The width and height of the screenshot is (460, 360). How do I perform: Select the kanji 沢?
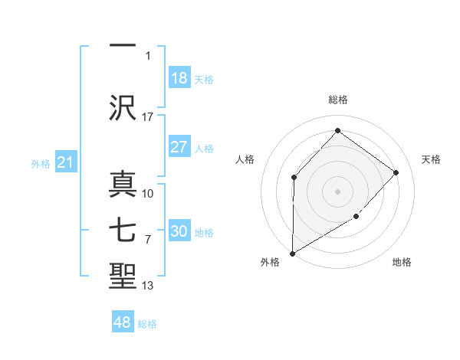[x=123, y=106]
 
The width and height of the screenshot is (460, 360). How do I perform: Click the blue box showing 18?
[x=179, y=78]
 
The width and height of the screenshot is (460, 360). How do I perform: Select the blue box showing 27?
[x=179, y=147]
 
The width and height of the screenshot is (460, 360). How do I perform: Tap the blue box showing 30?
[x=179, y=231]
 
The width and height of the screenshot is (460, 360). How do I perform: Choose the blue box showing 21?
[x=65, y=162]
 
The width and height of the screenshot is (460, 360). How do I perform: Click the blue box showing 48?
[x=123, y=322]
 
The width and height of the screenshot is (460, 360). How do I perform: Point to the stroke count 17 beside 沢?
[x=148, y=116]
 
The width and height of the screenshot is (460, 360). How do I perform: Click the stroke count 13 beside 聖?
[x=148, y=286]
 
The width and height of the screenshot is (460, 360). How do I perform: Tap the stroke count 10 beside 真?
[x=148, y=193]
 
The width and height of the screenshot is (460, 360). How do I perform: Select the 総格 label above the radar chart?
[x=337, y=100]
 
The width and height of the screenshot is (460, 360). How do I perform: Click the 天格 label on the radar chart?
[x=431, y=159]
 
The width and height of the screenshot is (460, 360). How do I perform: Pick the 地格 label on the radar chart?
[x=402, y=262]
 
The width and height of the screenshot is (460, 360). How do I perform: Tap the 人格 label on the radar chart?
[x=245, y=159]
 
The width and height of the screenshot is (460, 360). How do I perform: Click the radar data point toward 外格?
[x=292, y=253]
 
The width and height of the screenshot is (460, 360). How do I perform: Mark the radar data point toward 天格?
[x=396, y=172]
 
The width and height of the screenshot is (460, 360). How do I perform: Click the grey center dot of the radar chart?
[x=337, y=191]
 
